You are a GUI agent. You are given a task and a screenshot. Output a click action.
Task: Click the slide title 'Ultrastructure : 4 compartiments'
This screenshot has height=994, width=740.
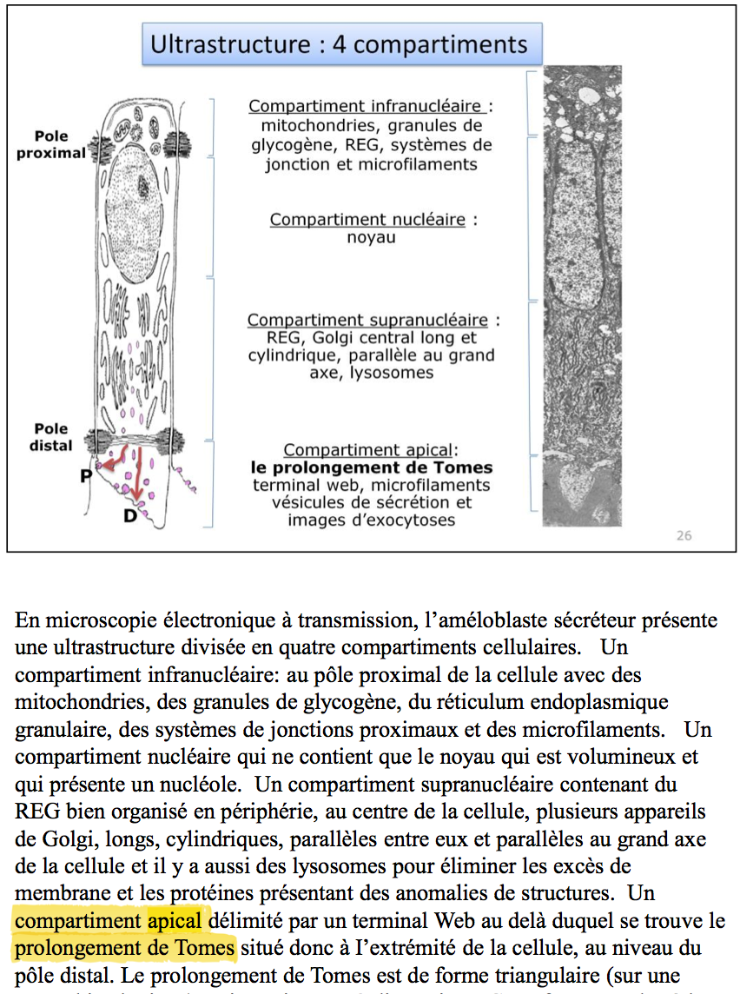339,44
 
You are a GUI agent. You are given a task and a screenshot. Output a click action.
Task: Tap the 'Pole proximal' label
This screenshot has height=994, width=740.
51,145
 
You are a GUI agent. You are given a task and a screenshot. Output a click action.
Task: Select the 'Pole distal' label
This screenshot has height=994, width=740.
51,437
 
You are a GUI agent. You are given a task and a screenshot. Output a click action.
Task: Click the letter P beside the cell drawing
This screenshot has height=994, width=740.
88,475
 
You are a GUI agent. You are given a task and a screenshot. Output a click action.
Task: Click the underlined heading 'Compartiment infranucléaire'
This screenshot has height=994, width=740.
366,107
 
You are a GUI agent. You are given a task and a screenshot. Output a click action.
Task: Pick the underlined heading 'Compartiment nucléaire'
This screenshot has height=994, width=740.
367,220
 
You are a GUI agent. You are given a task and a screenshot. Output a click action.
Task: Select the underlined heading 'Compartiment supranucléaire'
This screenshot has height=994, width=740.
367,321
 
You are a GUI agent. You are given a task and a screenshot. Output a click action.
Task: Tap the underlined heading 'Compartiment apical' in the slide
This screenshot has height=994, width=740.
367,450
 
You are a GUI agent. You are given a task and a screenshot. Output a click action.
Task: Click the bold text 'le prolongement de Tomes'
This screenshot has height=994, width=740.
372,467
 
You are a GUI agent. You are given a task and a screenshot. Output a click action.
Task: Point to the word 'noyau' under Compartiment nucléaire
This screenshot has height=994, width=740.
372,237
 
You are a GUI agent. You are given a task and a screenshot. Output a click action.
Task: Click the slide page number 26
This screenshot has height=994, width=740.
684,535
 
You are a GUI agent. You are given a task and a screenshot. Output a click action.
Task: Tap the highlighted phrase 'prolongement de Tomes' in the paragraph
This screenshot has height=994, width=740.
125,946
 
